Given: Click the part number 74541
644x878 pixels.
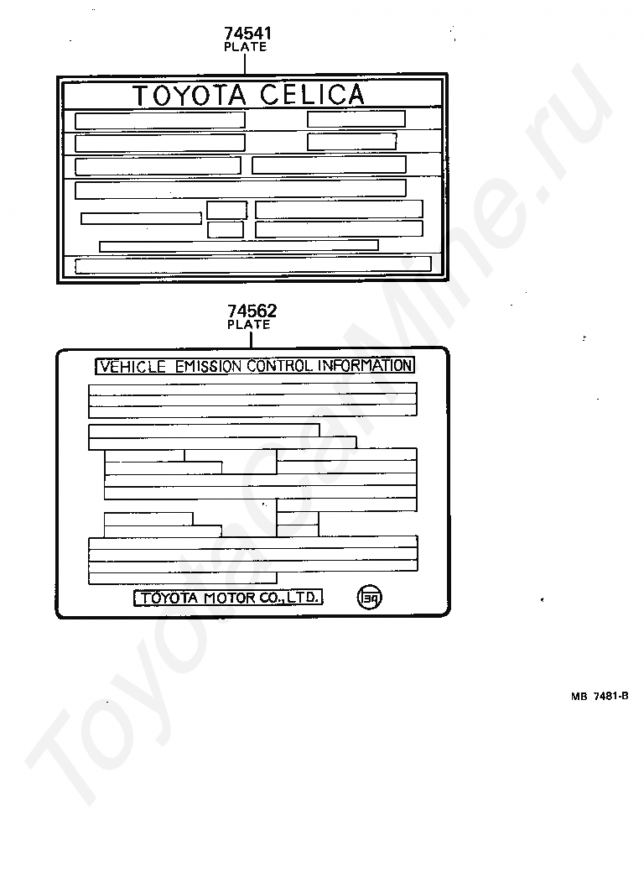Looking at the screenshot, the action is point(247,34).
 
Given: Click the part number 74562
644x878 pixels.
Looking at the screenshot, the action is point(252,311).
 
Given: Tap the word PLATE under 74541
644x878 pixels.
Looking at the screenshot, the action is point(246,48).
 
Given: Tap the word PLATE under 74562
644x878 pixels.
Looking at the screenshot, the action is point(249,325).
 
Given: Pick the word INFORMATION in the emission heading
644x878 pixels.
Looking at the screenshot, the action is point(363,366).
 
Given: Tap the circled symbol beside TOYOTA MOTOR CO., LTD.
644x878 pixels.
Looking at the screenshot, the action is point(369,598).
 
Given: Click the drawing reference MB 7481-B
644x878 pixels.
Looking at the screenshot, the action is point(600,696).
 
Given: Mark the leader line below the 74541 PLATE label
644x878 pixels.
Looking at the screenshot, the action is point(246,64).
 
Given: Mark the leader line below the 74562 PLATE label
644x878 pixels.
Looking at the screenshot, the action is point(249,338).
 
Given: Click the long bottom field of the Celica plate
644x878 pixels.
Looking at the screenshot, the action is point(253,265).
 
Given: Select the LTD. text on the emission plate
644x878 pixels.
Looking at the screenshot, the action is point(302,598).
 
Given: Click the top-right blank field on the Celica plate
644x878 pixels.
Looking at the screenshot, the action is point(356,119).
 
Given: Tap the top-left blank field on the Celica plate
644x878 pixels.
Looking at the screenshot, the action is point(159,120).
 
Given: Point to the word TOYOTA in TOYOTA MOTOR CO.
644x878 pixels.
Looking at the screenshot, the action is point(169,598).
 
